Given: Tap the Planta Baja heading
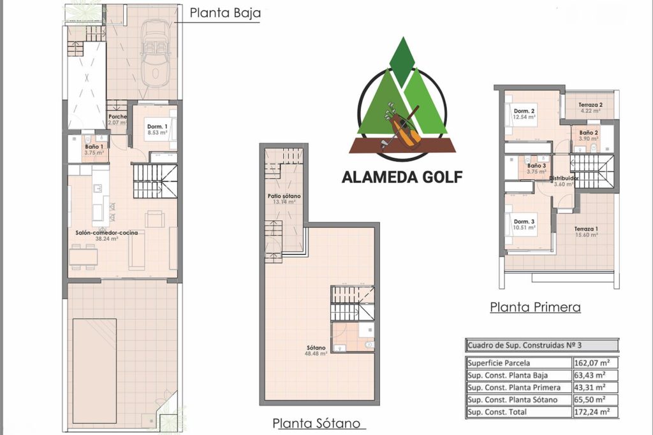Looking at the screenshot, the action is pyautogui.click(x=225, y=13).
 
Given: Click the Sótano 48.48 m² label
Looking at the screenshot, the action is pyautogui.click(x=316, y=350).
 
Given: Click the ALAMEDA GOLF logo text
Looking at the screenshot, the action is pyautogui.click(x=402, y=177).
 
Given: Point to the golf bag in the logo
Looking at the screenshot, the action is pyautogui.click(x=400, y=127).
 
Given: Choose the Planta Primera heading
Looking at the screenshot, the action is pyautogui.click(x=535, y=308).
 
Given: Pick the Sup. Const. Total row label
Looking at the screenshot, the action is pyautogui.click(x=497, y=412).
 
